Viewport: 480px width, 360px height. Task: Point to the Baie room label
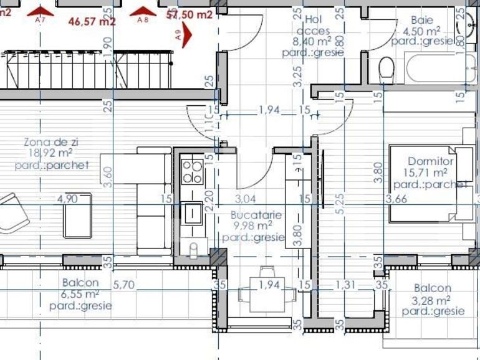(x=422, y=20)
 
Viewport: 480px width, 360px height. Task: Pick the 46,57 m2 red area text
(x=92, y=21)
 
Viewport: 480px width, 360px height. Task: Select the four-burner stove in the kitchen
(x=192, y=171)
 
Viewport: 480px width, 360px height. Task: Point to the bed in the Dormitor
(x=424, y=184)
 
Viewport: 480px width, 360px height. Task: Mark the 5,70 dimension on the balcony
(x=124, y=285)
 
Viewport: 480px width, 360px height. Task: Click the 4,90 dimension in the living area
(x=68, y=199)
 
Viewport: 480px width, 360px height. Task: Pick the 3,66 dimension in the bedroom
(x=396, y=199)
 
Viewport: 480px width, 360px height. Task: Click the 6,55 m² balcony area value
(x=81, y=294)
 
